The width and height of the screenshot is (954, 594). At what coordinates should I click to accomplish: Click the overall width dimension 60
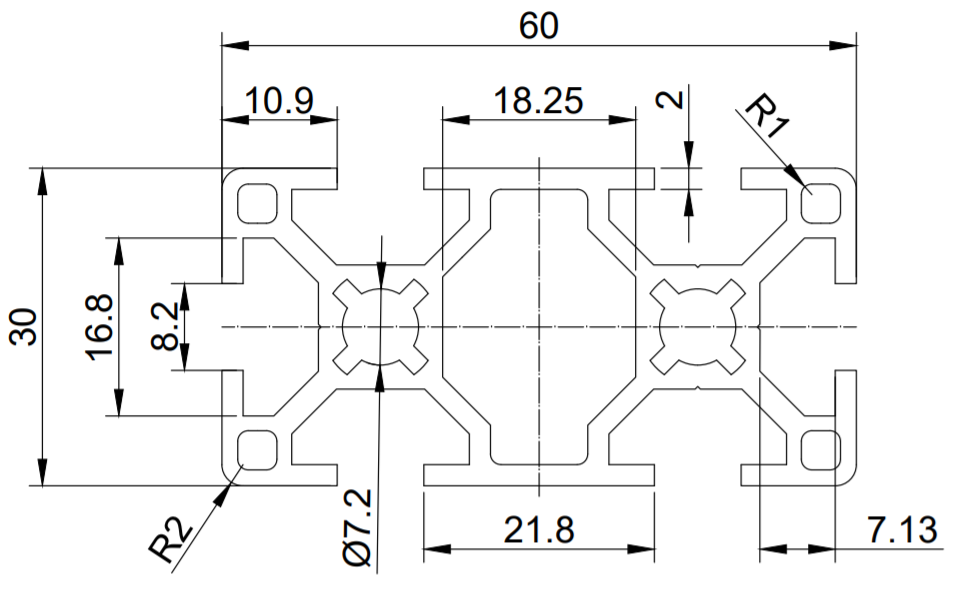(539, 26)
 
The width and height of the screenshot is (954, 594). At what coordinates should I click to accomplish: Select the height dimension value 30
(26, 327)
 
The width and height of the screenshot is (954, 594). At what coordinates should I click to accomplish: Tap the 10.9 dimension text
(281, 101)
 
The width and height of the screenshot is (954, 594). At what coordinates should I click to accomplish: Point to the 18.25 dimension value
(539, 101)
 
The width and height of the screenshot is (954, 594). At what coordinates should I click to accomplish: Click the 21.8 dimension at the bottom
(539, 529)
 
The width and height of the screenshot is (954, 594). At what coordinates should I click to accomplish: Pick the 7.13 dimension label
(902, 529)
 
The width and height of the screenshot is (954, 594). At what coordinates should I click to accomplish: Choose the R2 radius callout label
(171, 541)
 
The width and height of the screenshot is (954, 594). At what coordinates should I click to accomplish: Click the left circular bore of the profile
(380, 327)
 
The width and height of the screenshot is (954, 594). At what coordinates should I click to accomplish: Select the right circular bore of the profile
(698, 327)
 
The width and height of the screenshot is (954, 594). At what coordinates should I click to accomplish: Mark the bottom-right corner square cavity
(822, 449)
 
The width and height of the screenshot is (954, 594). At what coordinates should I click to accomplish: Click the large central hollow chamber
(539, 327)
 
